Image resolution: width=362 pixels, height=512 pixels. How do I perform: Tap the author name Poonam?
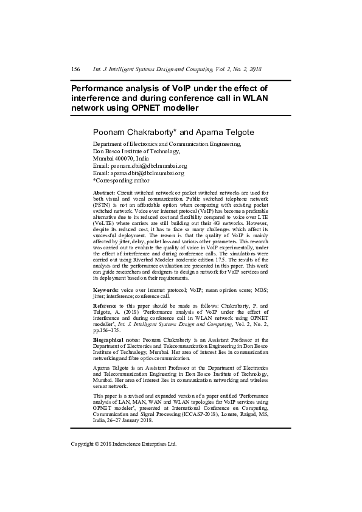click(111, 132)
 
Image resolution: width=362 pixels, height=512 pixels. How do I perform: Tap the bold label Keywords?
click(106, 291)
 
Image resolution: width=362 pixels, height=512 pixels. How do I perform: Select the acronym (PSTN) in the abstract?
click(102, 206)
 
